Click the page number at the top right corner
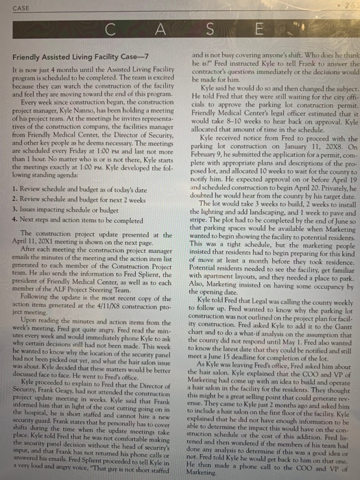point(351,5)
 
